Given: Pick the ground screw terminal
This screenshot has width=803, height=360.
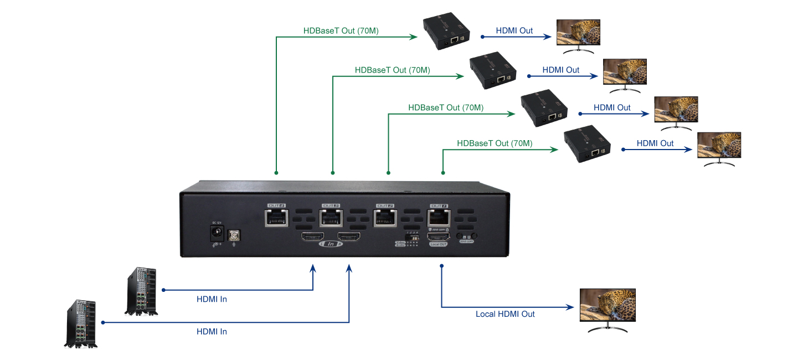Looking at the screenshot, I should click(x=234, y=235).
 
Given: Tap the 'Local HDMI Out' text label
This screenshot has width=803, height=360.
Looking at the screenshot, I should click(x=505, y=314).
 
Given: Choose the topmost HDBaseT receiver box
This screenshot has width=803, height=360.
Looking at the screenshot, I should click(x=447, y=33).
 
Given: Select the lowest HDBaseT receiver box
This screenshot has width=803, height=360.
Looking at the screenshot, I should click(x=587, y=146).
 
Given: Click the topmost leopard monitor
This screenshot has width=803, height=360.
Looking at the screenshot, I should click(x=578, y=34).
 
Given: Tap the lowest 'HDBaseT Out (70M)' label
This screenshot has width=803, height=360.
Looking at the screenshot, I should click(x=495, y=143).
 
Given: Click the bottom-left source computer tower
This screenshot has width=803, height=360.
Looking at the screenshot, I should click(x=82, y=324).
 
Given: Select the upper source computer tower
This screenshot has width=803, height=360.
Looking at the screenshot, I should click(x=142, y=291).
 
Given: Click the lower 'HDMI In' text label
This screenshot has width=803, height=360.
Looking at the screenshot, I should click(x=212, y=332).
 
